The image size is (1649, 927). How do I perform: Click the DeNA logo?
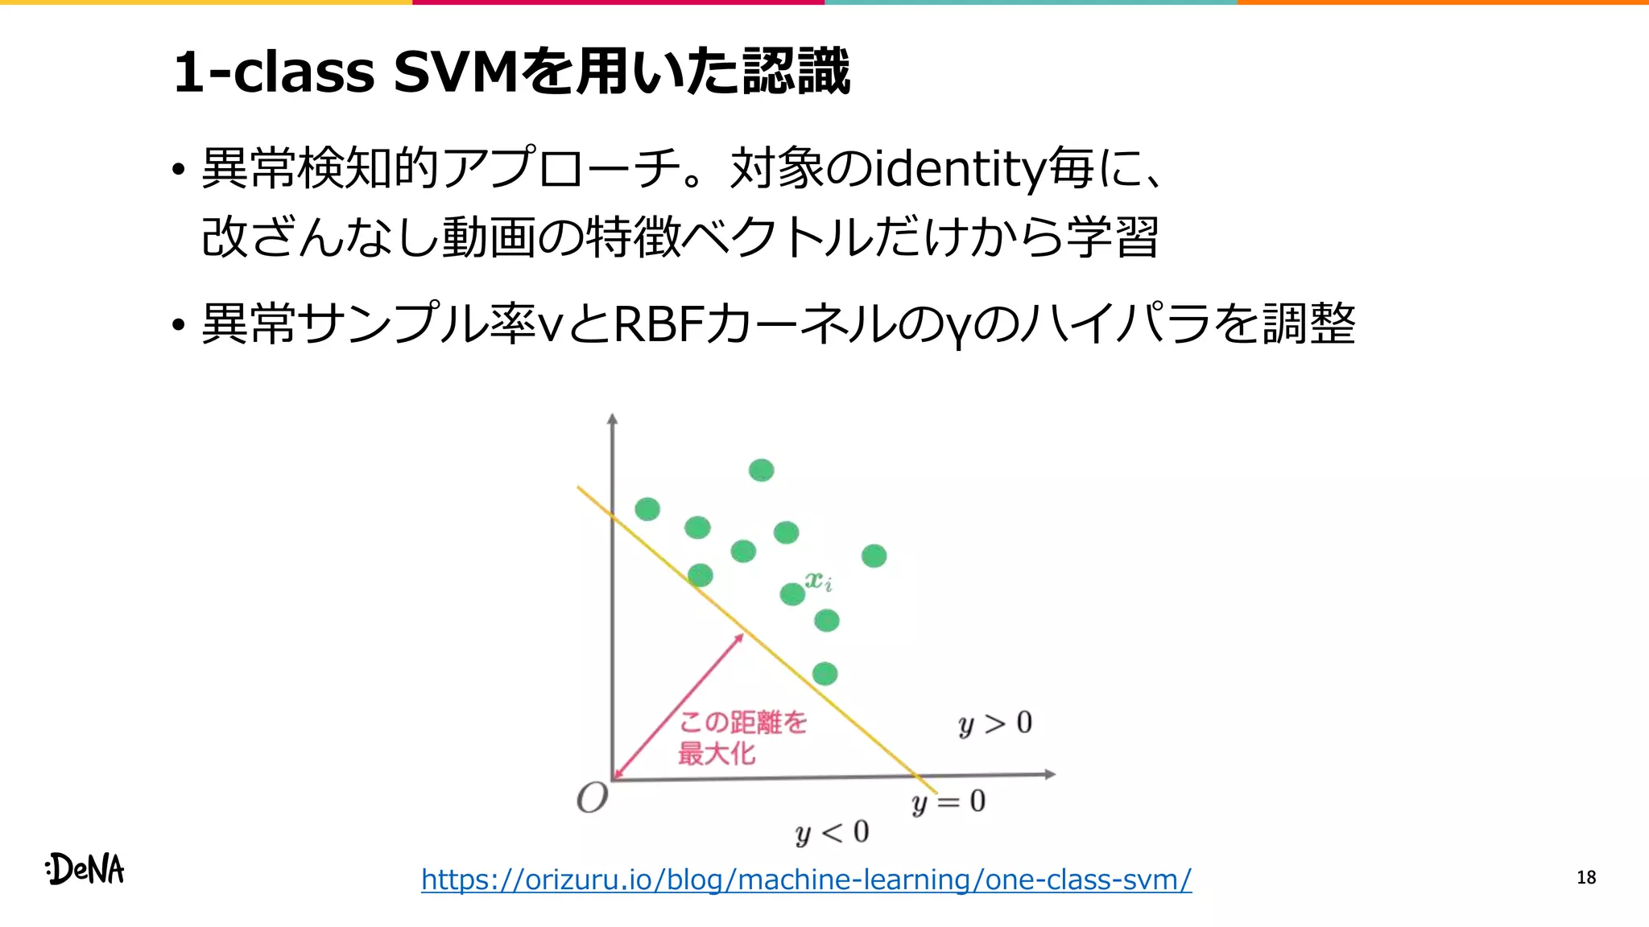85,869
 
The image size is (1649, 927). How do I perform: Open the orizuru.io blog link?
806,879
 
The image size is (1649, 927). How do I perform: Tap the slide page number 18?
1586,877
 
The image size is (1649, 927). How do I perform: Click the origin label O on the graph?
593,798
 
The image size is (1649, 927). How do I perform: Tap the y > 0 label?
995,723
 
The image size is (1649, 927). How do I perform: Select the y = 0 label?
948,802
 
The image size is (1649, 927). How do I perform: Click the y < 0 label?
832,832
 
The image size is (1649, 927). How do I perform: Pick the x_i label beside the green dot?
819,580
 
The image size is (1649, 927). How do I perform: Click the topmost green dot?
761,470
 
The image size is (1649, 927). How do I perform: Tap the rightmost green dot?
874,556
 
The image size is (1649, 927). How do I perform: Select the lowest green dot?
824,674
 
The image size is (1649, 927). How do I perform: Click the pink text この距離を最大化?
742,737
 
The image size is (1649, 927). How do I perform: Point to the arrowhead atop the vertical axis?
613,418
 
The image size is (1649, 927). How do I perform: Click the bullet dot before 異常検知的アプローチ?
178,171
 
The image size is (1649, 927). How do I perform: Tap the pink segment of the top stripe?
618,2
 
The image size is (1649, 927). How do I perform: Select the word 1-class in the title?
274,72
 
